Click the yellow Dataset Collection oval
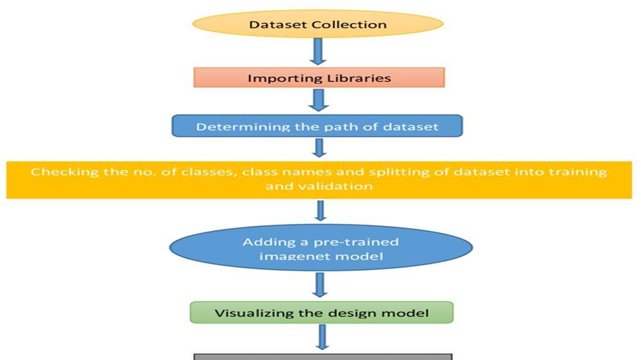coord(318,24)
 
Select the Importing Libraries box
coord(319,78)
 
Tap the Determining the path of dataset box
coord(317,126)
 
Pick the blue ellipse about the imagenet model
coord(320,249)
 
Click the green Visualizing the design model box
coord(321,313)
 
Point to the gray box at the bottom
coord(323,356)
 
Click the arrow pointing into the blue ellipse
coord(320,210)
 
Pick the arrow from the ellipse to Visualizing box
coord(320,284)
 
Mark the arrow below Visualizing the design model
coord(321,336)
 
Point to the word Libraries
coord(361,78)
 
